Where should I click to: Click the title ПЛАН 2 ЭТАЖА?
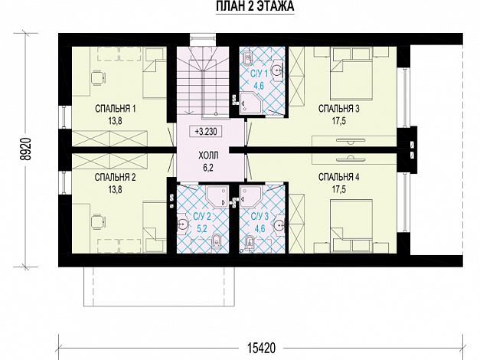[x=255, y=6]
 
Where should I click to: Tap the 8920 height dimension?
[x=27, y=149]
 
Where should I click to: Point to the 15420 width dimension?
[x=261, y=348]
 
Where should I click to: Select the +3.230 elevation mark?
[x=206, y=132]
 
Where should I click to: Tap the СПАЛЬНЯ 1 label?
[x=115, y=109]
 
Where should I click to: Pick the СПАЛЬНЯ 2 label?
[x=115, y=177]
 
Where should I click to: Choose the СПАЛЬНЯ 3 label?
[x=338, y=109]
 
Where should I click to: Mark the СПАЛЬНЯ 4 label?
[x=338, y=177]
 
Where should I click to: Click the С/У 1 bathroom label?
[x=259, y=74]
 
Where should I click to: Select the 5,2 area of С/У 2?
[x=202, y=228]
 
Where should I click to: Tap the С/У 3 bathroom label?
[x=260, y=217]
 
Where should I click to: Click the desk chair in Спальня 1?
[x=98, y=77]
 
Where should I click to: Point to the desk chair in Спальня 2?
[x=98, y=221]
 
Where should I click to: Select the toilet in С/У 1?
[x=247, y=59]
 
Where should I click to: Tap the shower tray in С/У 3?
[x=250, y=196]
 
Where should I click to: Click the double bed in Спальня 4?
[x=351, y=227]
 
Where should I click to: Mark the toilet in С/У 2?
[x=216, y=241]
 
